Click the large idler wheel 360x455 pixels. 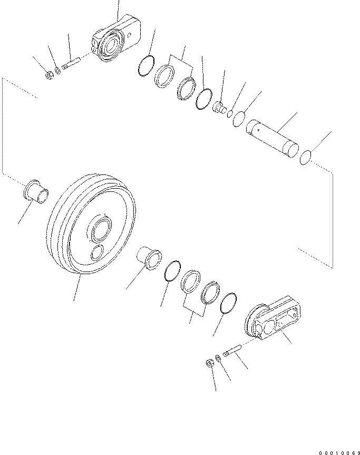(x=91, y=224)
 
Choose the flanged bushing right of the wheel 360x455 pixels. (x=149, y=258)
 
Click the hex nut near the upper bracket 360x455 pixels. (x=50, y=75)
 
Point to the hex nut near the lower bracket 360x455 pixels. (x=209, y=363)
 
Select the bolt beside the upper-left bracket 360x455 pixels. (x=71, y=64)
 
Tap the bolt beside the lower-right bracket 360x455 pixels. (x=232, y=350)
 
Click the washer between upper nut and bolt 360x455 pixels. (x=58, y=70)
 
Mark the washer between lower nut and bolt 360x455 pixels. (x=218, y=357)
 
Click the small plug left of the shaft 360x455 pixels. (x=220, y=107)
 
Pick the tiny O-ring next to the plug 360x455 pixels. (x=230, y=114)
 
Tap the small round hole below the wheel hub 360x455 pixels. (x=97, y=253)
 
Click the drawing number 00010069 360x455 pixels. (x=339, y=453)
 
